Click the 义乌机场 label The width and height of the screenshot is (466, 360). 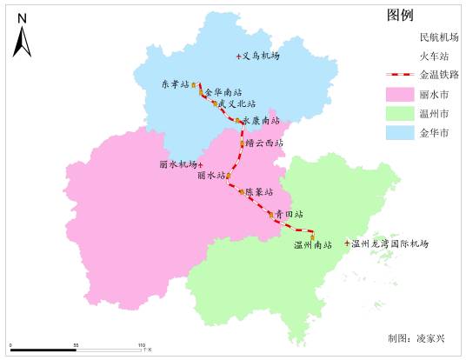(x=261, y=56)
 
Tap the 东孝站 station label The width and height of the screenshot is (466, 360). (x=175, y=84)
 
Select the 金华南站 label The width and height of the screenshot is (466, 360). (x=223, y=91)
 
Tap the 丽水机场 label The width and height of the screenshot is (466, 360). (x=177, y=164)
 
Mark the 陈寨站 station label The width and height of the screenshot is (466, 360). (x=258, y=191)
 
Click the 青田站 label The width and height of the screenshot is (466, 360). (x=290, y=214)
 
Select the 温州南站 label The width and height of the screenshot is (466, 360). (x=313, y=245)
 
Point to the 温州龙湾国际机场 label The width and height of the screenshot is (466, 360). (x=390, y=243)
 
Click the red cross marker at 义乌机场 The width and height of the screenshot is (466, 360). (x=238, y=57)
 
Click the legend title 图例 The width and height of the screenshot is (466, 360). (x=399, y=17)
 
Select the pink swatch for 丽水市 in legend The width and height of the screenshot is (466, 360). (x=399, y=94)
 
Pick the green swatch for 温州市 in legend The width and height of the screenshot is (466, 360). (x=399, y=114)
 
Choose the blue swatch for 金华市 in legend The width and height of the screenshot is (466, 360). (x=399, y=133)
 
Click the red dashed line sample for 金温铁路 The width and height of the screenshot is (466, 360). (x=399, y=76)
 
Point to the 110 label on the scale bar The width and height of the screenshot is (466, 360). (x=141, y=346)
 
